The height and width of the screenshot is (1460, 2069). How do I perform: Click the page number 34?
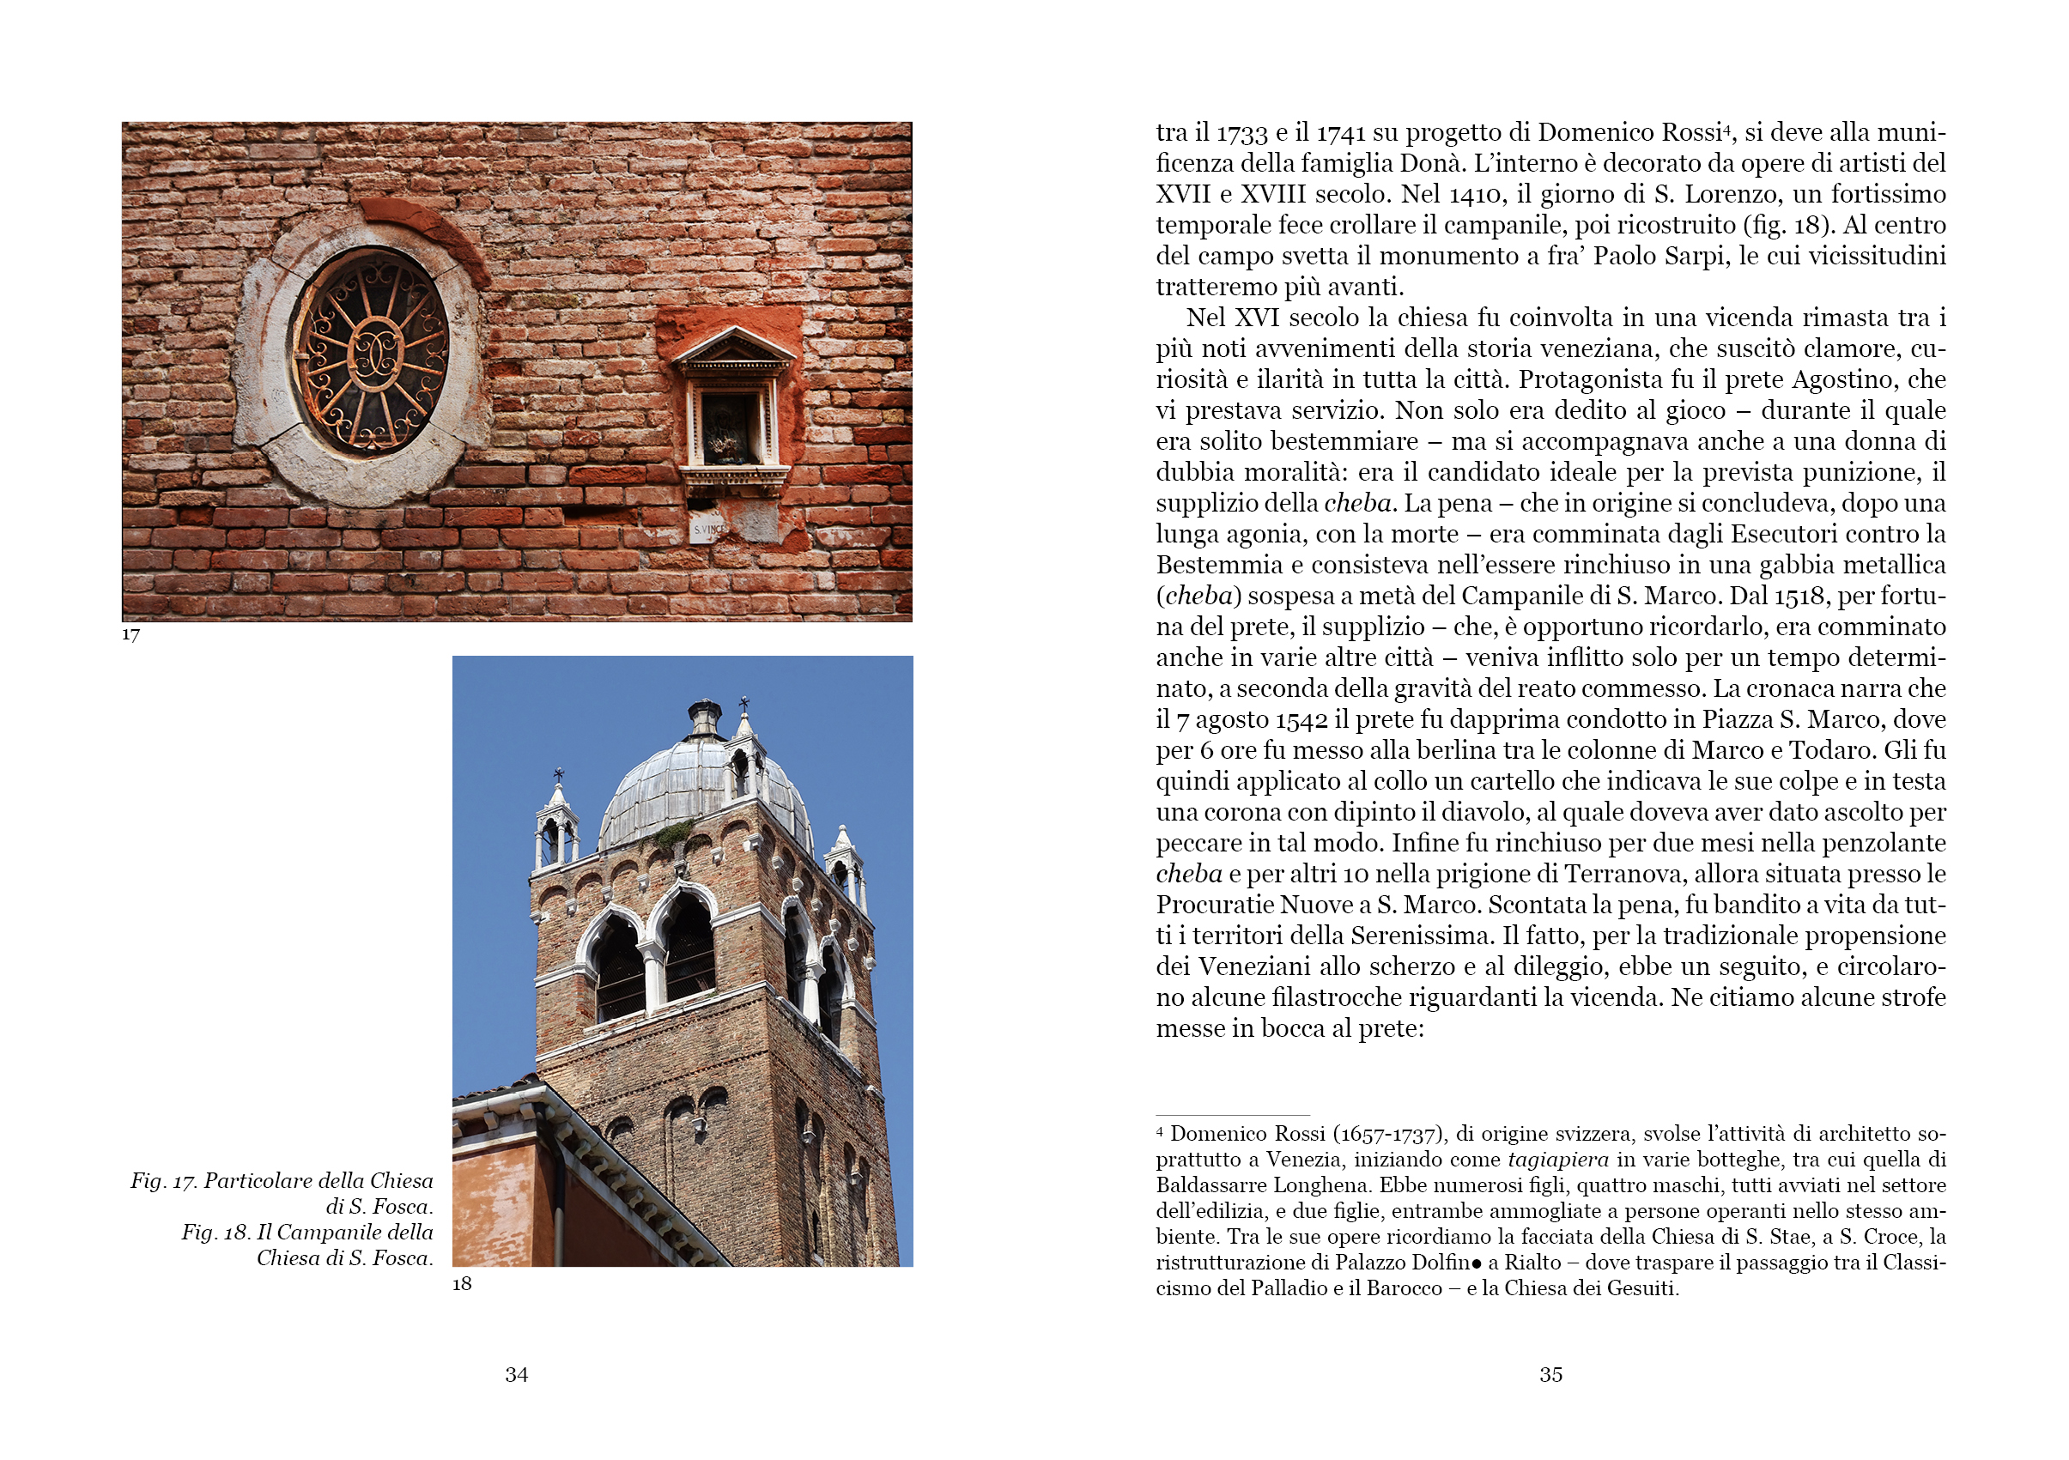(x=516, y=1374)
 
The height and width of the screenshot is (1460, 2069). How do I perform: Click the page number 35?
(x=1550, y=1374)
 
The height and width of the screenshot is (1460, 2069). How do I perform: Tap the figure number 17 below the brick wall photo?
(x=130, y=635)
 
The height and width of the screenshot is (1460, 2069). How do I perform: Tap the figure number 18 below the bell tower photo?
(x=462, y=1283)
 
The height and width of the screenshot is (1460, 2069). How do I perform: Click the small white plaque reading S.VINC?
(x=707, y=529)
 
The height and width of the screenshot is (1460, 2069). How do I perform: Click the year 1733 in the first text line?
(x=1242, y=134)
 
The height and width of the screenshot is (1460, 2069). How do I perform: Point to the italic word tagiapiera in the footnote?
(x=1558, y=1160)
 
